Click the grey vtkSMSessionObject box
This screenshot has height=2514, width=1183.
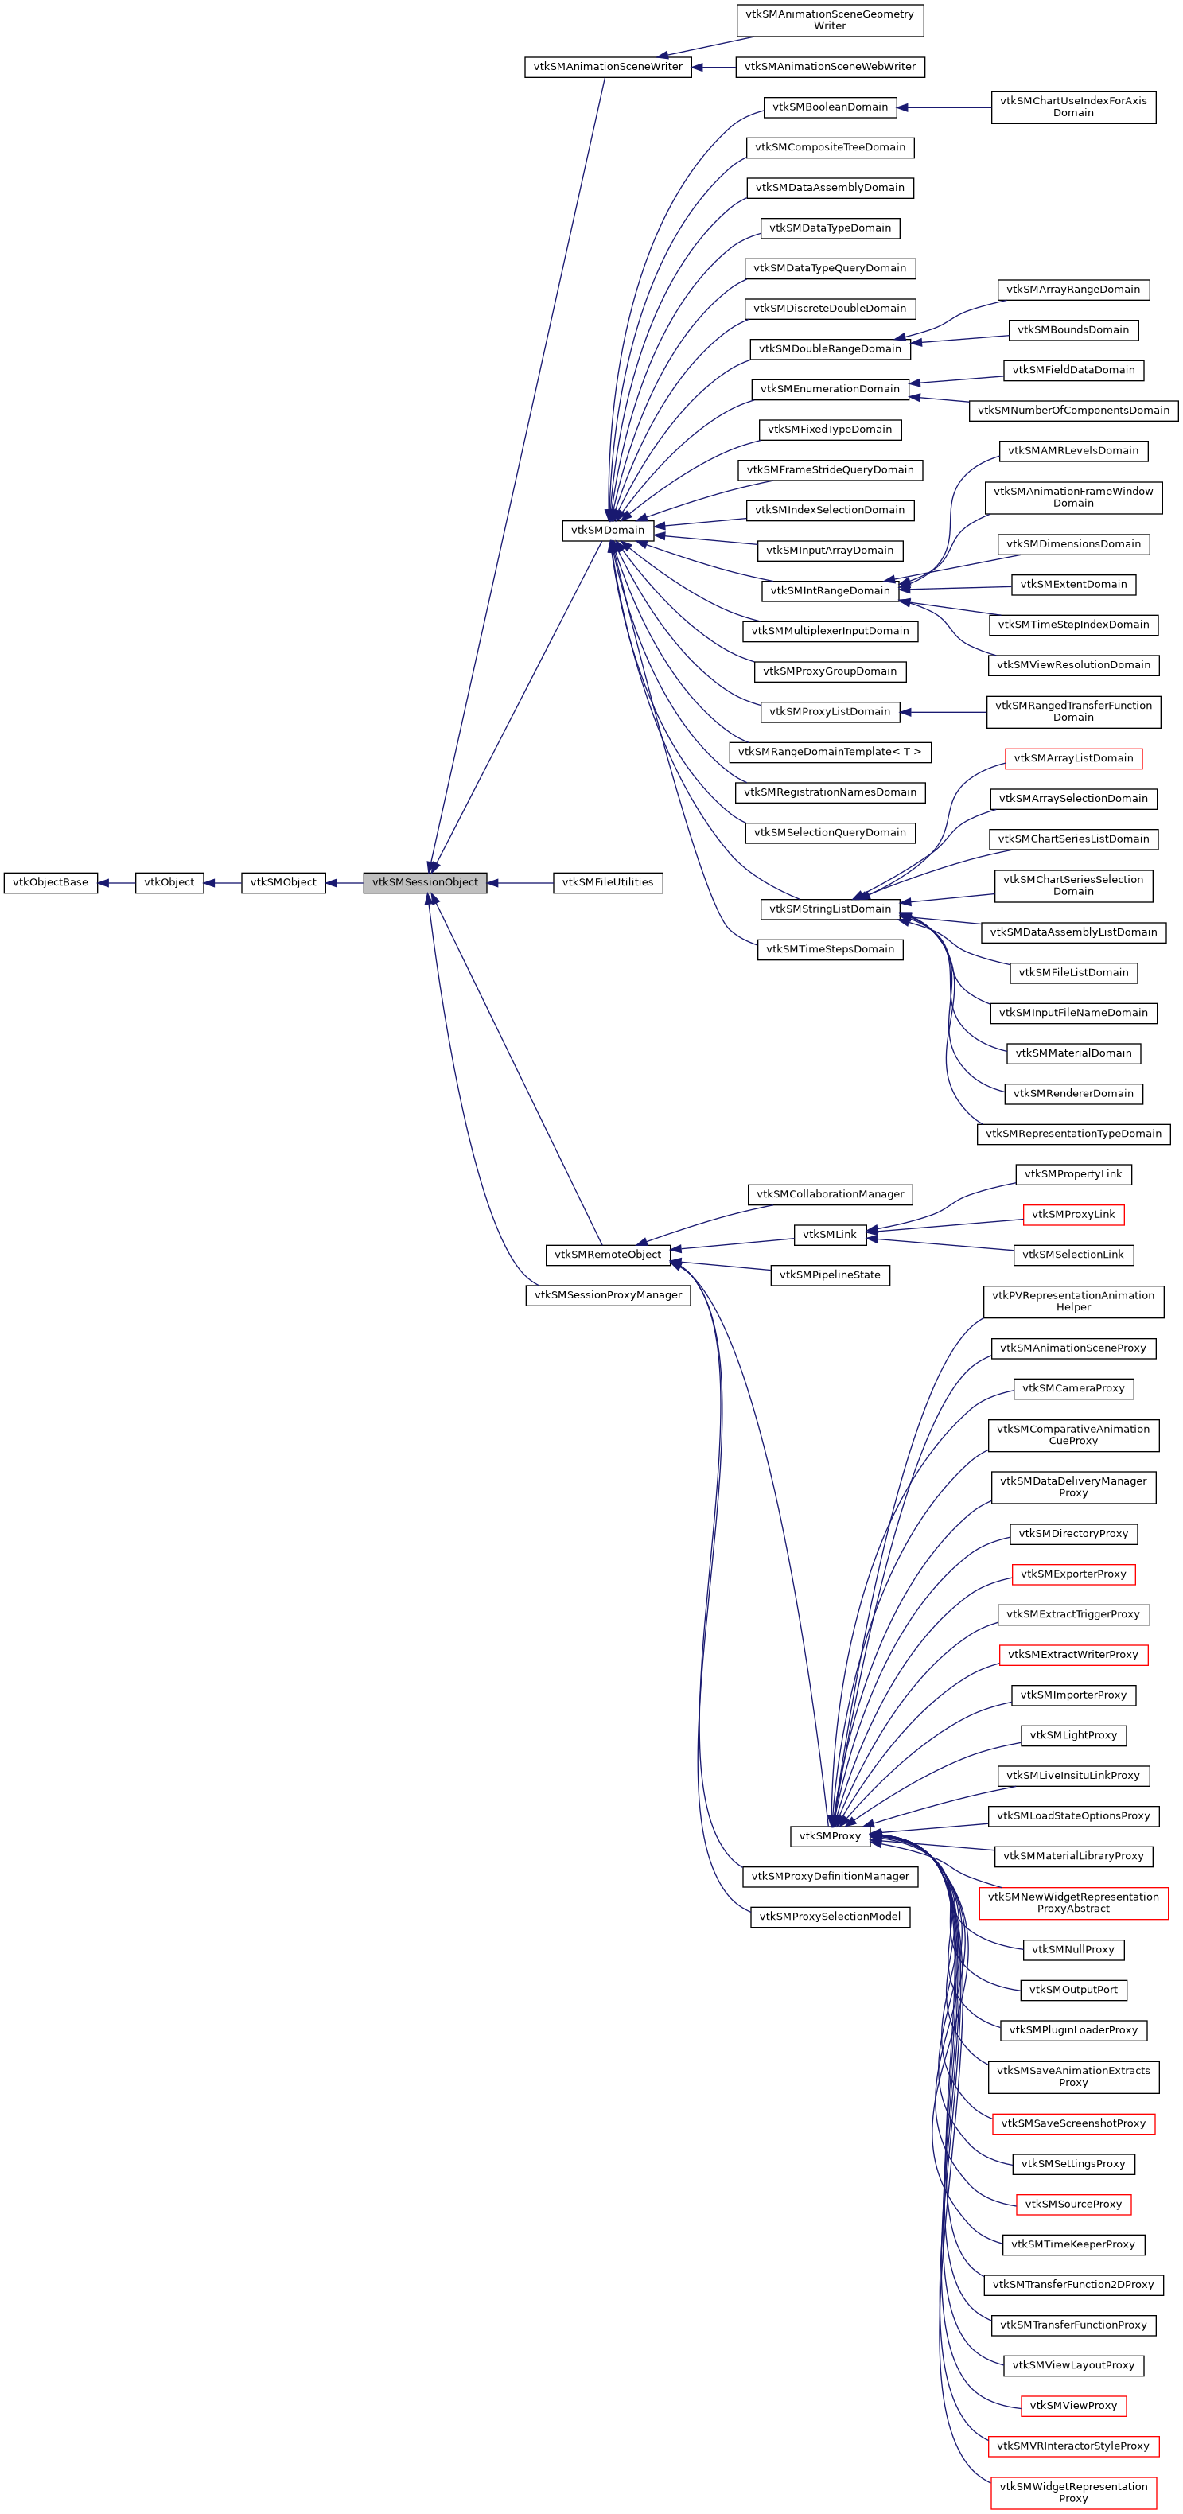click(425, 882)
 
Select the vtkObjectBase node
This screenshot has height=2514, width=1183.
click(51, 882)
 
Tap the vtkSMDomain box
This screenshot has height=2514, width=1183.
click(607, 530)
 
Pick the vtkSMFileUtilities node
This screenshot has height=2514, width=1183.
click(607, 882)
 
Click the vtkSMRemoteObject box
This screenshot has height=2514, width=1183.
click(607, 1254)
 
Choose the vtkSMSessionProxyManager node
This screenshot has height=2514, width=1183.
click(607, 1295)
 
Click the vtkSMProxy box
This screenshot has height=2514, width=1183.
click(830, 1835)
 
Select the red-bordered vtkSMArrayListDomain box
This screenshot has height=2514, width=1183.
click(1072, 758)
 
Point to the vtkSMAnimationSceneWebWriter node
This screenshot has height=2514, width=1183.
click(830, 66)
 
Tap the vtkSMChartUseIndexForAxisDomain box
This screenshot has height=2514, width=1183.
click(1072, 107)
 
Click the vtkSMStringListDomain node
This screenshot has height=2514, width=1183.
click(830, 909)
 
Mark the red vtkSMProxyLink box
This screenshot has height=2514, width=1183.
click(1072, 1214)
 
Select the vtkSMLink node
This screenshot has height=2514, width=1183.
click(830, 1235)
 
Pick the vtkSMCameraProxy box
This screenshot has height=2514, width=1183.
click(1072, 1387)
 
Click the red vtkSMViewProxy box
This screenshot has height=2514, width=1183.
click(1072, 2406)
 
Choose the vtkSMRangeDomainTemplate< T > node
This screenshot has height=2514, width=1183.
click(830, 752)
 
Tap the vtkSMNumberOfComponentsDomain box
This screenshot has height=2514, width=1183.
click(1072, 410)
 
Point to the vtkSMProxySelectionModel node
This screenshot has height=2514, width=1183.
click(830, 1916)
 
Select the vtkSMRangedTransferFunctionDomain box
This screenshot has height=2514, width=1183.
click(1072, 711)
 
